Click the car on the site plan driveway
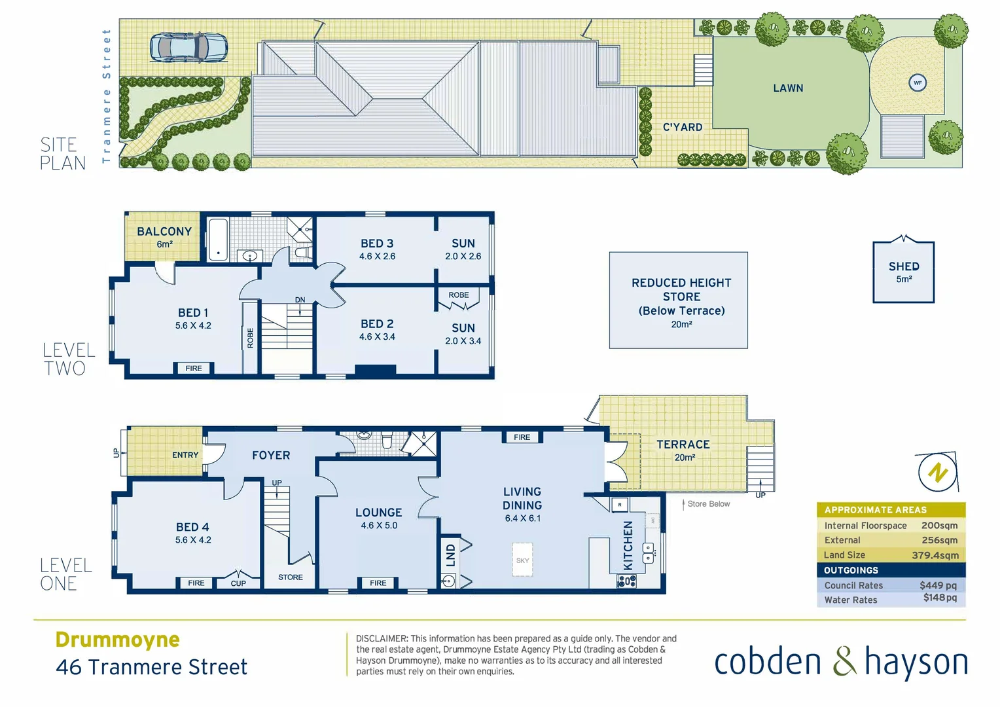coord(188,48)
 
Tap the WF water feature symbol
coord(918,83)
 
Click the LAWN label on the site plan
coord(788,88)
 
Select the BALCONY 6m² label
coord(164,237)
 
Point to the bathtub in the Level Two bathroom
coord(218,240)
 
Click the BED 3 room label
coord(377,244)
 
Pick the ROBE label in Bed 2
coord(459,295)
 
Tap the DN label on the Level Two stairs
coord(300,300)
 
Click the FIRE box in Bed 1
coord(194,369)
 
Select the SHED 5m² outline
coord(903,272)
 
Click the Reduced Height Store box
coord(678,300)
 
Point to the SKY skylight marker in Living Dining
coord(522,560)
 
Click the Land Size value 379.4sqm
coord(935,555)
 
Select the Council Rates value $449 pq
coord(938,585)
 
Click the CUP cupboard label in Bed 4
coord(238,583)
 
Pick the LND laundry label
coord(450,555)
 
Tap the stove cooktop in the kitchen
coord(626,581)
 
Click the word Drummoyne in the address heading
coord(118,640)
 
